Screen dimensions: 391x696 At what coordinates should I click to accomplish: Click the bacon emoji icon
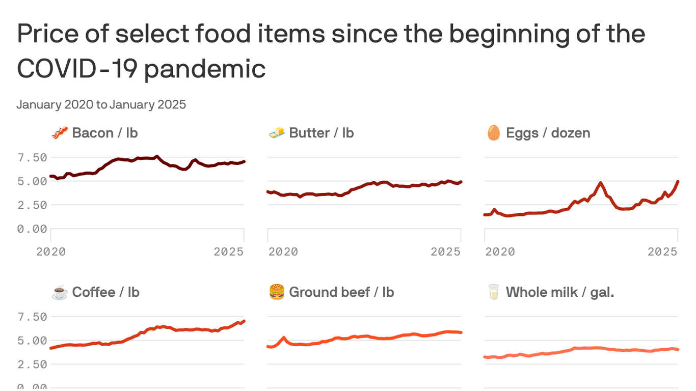point(60,133)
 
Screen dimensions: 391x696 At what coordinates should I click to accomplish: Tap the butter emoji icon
point(277,133)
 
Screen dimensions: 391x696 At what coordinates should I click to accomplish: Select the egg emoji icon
point(493,133)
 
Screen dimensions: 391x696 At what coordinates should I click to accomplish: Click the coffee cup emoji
point(60,293)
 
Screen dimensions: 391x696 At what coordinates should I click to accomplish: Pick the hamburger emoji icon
point(277,292)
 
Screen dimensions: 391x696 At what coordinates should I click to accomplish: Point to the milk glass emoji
point(493,292)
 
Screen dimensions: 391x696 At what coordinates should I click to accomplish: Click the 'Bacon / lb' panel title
point(104,133)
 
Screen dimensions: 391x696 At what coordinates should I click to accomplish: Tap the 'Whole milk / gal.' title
point(559,292)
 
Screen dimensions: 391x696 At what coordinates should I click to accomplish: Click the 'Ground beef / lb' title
point(341,292)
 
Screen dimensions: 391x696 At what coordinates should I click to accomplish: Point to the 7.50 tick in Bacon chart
point(33,157)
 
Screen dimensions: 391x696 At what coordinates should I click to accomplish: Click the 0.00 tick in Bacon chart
point(33,229)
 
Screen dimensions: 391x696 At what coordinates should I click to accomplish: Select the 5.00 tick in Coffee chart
point(33,341)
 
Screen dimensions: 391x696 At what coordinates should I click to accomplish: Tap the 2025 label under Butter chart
point(446,252)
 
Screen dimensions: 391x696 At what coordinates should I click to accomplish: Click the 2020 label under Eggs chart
point(500,252)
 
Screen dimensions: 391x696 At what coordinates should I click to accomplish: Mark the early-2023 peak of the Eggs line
point(601,183)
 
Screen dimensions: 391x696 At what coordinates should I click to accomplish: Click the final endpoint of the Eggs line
point(678,182)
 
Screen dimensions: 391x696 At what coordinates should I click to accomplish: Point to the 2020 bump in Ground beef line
point(284,338)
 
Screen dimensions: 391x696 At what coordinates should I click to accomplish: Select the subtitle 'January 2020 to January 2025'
point(101,105)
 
